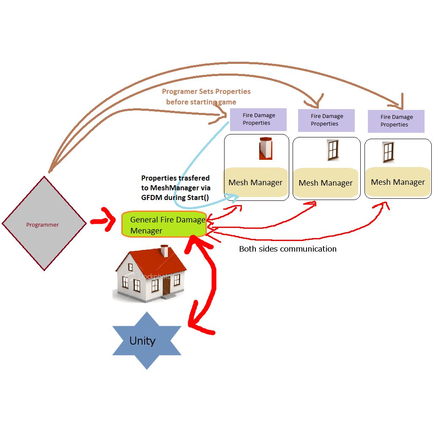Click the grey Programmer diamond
coord(44,223)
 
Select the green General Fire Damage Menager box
coord(164,225)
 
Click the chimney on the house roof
coord(164,250)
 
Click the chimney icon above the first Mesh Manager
coord(266,148)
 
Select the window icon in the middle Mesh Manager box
coord(333,151)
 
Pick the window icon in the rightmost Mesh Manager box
coord(388,152)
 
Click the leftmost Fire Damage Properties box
coord(258,119)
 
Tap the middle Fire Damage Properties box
coord(326,120)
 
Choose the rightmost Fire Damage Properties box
coord(396,121)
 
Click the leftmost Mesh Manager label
coord(255,183)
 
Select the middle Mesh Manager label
coord(326,183)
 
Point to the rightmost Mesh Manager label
coord(397,182)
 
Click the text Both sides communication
coord(288,249)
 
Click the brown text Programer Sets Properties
coord(206,91)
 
